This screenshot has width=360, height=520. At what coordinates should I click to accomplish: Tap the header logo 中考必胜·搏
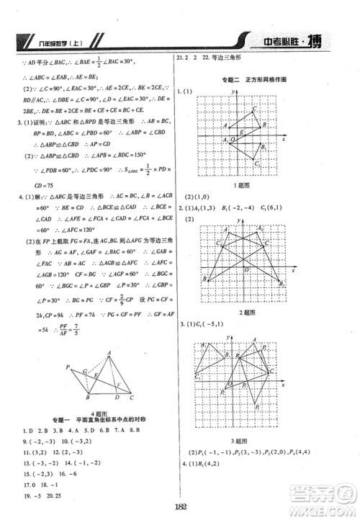coord(288,42)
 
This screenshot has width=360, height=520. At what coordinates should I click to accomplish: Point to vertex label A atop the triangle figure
coord(109,351)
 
